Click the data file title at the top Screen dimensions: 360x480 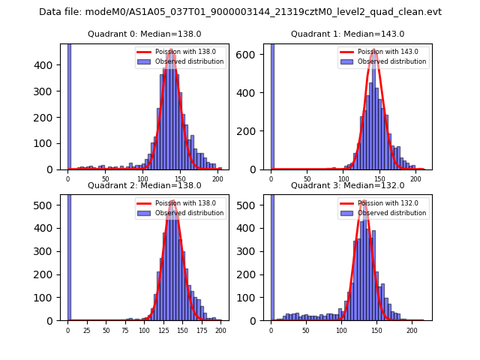pyautogui.click(x=240, y=12)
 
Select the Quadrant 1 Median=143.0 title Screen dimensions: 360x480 pyautogui.click(x=347, y=34)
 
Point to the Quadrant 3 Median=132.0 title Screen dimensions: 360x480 pyautogui.click(x=347, y=185)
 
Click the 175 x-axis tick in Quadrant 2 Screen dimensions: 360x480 pyautogui.click(x=202, y=330)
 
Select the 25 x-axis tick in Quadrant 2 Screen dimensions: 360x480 pyautogui.click(x=87, y=330)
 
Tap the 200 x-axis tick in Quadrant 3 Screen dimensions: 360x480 pyautogui.click(x=412, y=330)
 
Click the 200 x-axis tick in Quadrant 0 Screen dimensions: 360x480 pyautogui.click(x=218, y=179)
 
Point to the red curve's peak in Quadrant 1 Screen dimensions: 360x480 pyautogui.click(x=373, y=50)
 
